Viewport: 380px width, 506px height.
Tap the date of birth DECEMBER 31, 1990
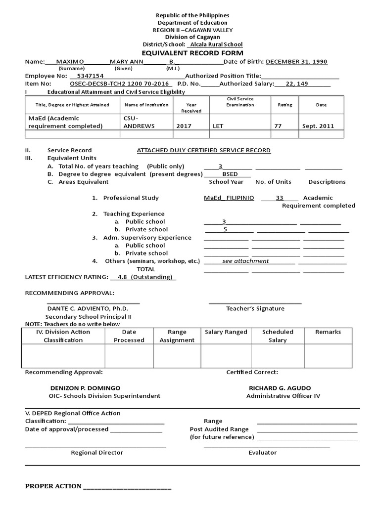pos(296,62)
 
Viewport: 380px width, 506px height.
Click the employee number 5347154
pos(87,76)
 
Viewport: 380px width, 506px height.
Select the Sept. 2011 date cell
pos(318,126)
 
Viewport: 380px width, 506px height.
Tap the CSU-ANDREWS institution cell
pos(139,122)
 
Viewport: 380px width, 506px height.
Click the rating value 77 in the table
pos(278,126)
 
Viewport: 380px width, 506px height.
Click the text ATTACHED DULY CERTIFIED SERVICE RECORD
pos(203,150)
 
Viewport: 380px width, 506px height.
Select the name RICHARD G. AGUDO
pos(280,388)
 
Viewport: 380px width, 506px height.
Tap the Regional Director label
pos(97,452)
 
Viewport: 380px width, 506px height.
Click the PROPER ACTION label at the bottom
pos(53,486)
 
